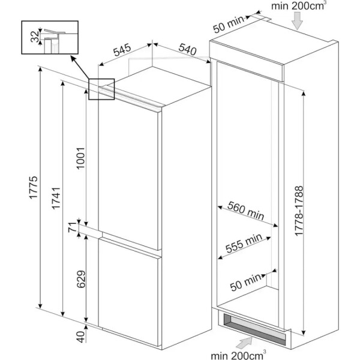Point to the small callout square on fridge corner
tap(101, 88)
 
